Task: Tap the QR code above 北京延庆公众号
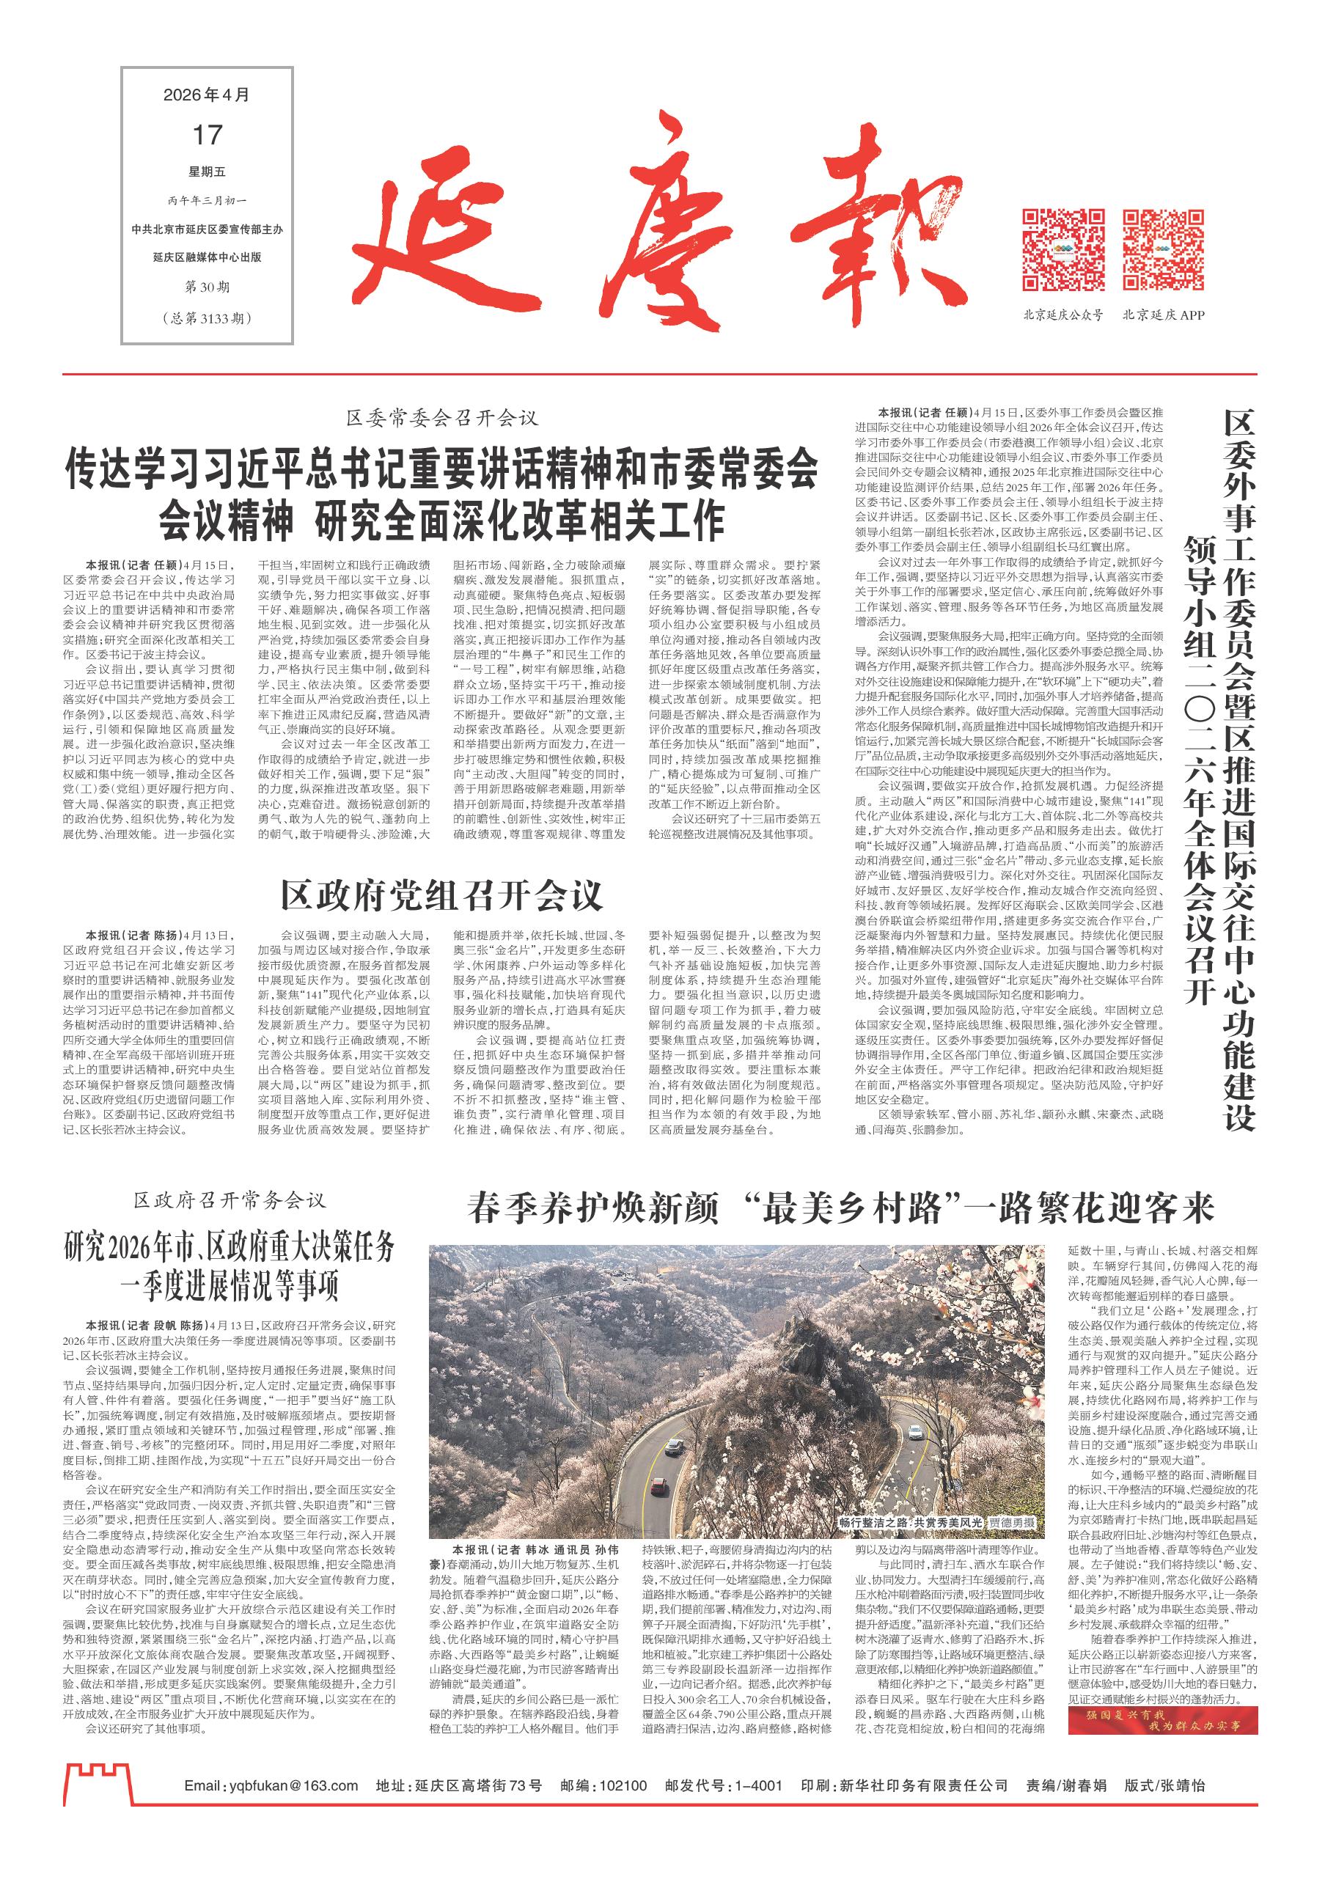point(1064,250)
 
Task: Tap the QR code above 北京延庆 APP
point(1163,250)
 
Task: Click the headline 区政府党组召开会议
point(441,897)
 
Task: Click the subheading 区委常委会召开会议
point(442,419)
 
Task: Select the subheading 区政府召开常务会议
point(230,1200)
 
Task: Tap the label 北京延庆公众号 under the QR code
point(1062,315)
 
